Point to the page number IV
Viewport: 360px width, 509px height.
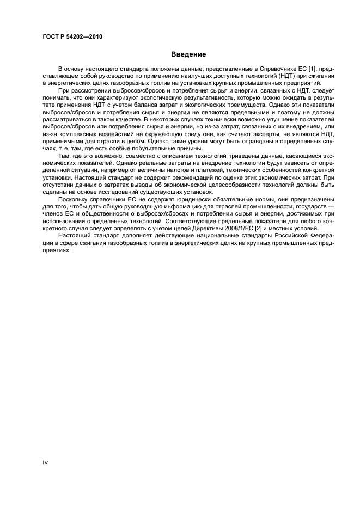click(46, 462)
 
